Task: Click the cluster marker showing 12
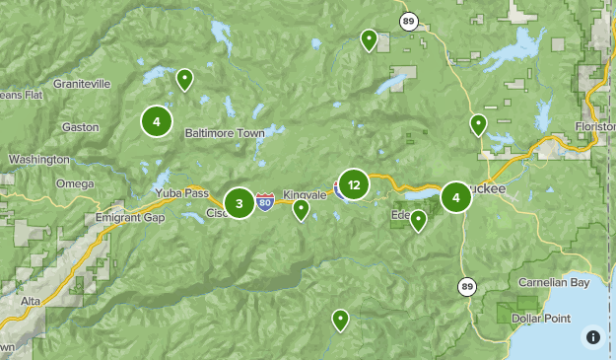point(353,183)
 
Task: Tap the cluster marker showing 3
point(240,203)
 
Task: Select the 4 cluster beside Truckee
point(455,197)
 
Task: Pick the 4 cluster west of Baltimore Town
point(157,121)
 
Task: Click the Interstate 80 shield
point(265,202)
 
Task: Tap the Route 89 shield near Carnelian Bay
point(466,286)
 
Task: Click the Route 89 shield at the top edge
point(408,20)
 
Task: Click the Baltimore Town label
point(225,132)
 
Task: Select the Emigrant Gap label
point(128,218)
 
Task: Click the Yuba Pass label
point(180,193)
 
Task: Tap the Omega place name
point(75,183)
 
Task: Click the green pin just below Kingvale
point(302,209)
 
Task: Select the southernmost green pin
point(340,320)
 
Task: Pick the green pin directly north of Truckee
point(478,124)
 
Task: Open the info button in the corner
point(592,336)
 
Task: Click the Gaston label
point(80,127)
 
